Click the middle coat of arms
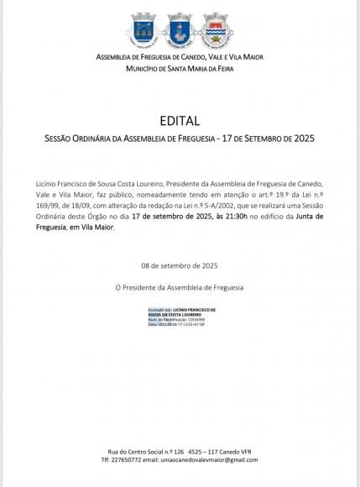pos(180,29)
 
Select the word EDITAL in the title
pos(180,121)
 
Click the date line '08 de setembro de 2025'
pos(180,264)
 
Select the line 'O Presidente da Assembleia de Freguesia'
pos(180,287)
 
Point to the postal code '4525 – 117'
pos(205,451)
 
